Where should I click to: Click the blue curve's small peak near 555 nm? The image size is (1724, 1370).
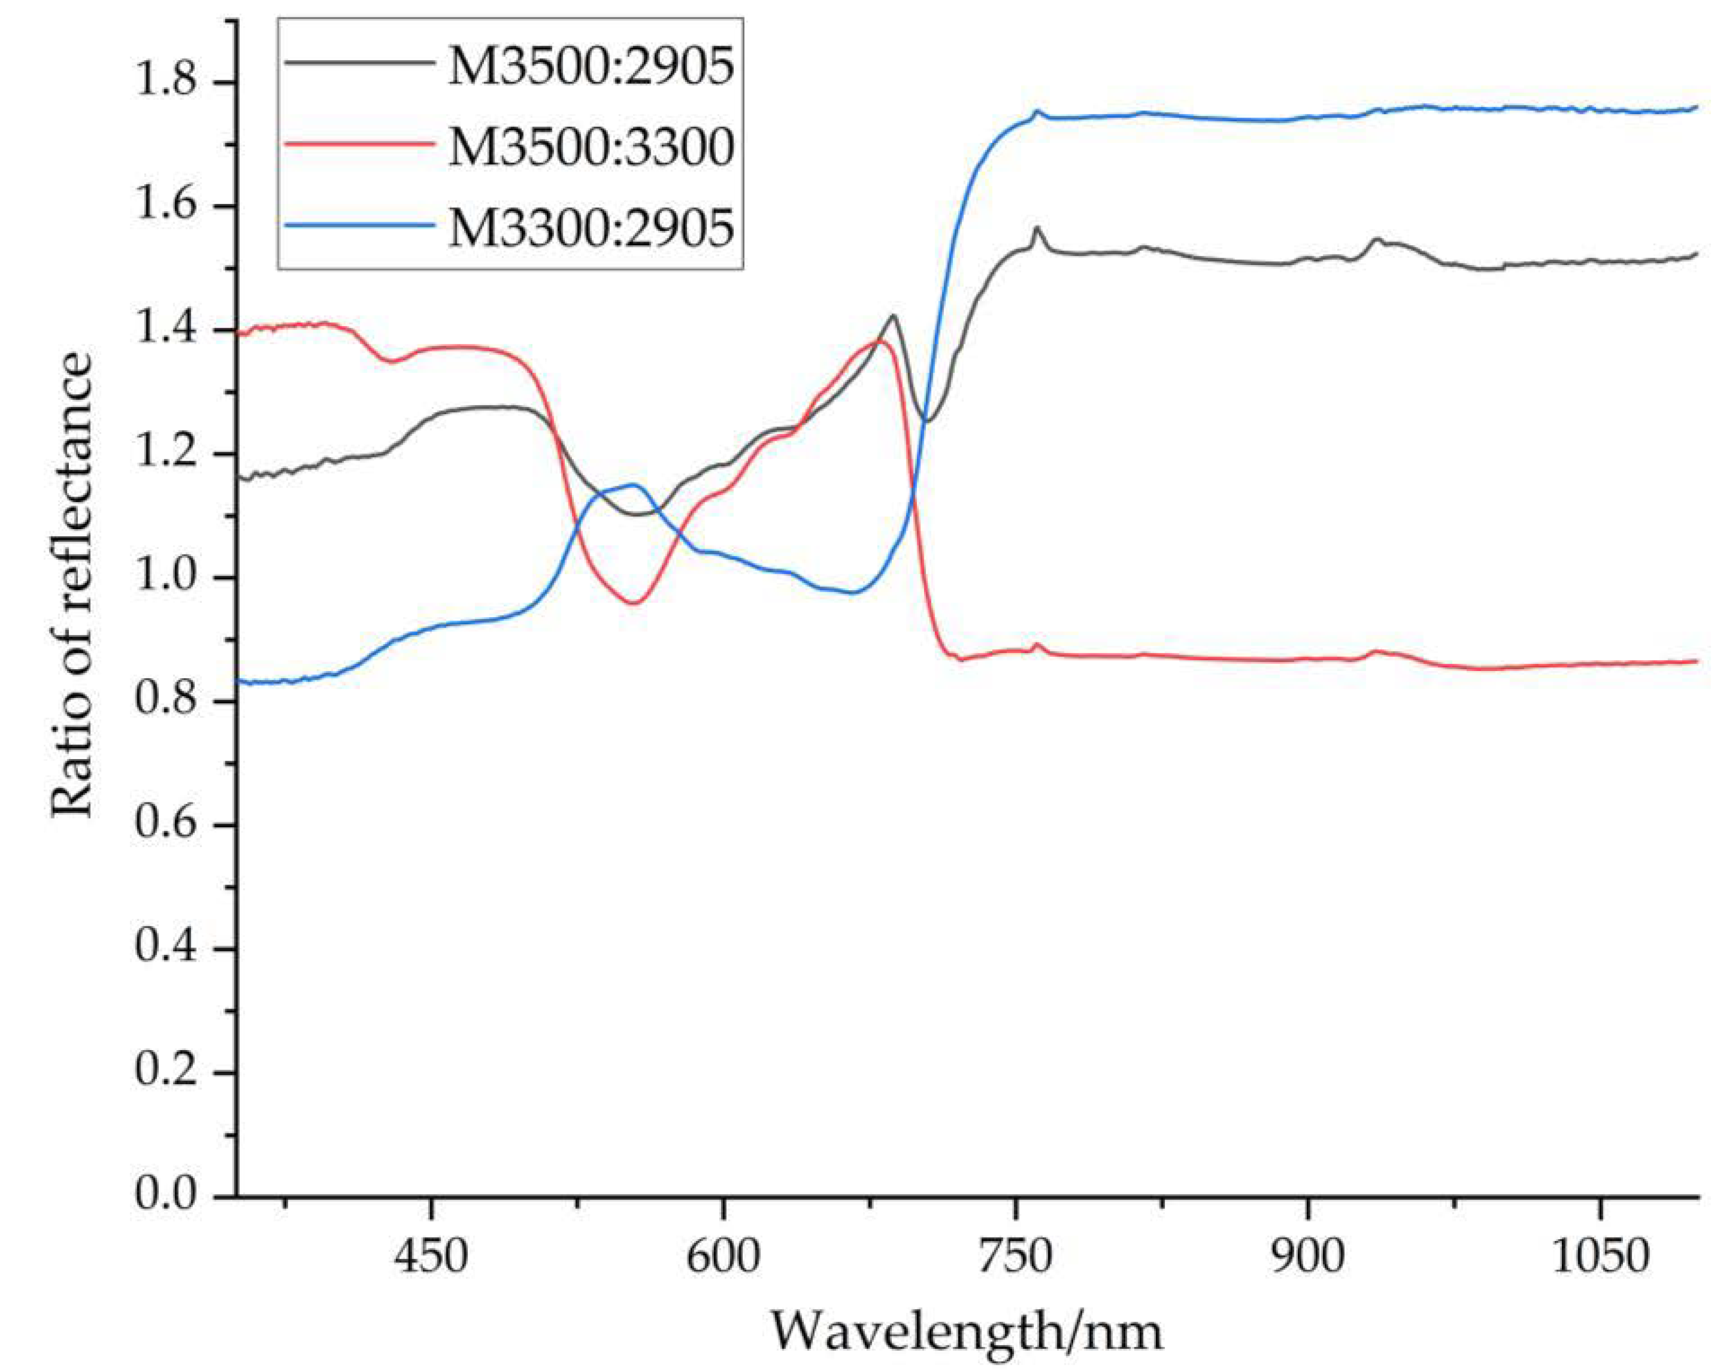point(634,485)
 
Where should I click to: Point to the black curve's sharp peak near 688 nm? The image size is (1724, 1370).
point(892,316)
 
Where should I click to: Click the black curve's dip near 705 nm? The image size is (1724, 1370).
point(927,421)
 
